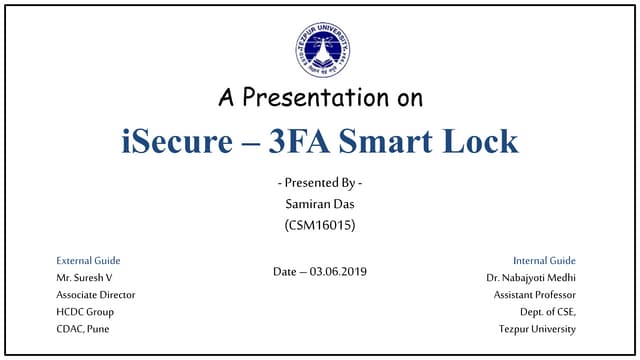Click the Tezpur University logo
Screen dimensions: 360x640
point(322,49)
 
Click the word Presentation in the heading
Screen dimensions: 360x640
point(334,98)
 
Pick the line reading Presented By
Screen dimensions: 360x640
point(319,184)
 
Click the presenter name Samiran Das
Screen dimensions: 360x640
point(319,205)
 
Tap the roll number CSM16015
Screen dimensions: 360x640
point(319,226)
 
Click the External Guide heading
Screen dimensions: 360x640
point(88,260)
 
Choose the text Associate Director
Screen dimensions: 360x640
point(95,294)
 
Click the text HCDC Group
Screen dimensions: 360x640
point(85,311)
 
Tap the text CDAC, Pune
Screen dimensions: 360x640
point(84,328)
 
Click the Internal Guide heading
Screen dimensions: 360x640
point(544,260)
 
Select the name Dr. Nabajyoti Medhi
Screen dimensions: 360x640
point(531,277)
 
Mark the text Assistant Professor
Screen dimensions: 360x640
point(534,294)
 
